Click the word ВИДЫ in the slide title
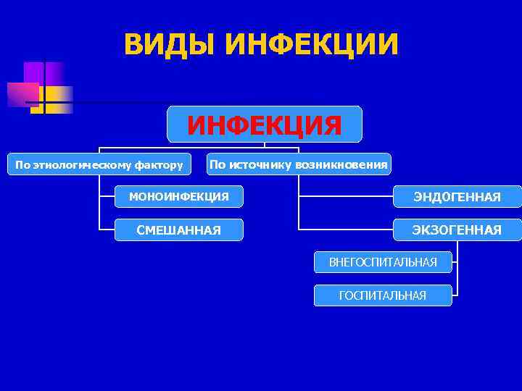click(x=170, y=44)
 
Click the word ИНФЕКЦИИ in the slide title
click(x=312, y=44)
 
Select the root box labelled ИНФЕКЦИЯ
click(x=265, y=124)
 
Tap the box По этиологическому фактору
click(x=99, y=164)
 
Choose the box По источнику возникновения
click(x=299, y=164)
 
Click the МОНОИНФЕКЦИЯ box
click(x=179, y=196)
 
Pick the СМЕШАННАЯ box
click(x=179, y=230)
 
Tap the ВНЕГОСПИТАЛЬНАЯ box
click(x=383, y=262)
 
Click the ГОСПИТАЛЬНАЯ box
click(x=383, y=295)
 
